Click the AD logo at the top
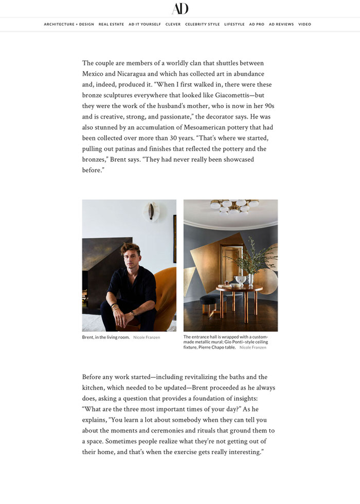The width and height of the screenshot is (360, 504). [180, 8]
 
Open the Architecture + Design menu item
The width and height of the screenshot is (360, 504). [69, 24]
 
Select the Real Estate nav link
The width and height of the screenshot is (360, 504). [111, 24]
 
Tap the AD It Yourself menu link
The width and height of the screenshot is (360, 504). [145, 24]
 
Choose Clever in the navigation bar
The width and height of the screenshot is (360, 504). [173, 24]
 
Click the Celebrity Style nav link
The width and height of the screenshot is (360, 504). [202, 24]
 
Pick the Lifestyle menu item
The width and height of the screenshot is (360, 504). [234, 24]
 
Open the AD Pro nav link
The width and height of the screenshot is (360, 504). [257, 24]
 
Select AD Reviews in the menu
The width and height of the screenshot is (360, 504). [281, 24]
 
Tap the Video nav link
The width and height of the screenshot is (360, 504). [304, 24]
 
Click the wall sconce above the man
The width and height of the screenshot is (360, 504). [151, 211]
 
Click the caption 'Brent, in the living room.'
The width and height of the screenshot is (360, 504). [105, 337]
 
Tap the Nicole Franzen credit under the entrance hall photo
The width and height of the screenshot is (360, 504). [253, 348]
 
